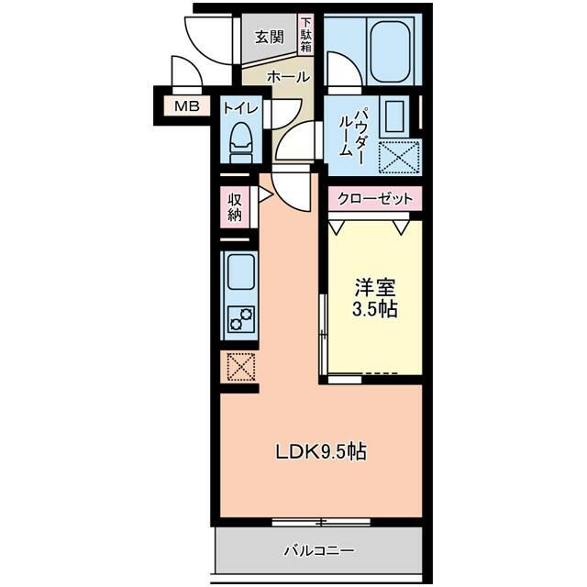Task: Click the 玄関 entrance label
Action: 269,38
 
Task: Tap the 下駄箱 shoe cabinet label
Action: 306,36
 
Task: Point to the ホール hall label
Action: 288,77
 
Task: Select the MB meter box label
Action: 187,106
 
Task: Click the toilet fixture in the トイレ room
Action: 240,143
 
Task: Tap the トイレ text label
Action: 240,108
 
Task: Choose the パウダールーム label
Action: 351,132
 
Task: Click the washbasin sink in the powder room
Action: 394,117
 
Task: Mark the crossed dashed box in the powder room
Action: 398,157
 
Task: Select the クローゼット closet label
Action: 375,198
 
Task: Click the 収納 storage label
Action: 235,207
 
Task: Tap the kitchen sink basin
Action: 240,272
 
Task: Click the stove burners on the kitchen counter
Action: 242,319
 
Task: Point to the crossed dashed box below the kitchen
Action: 241,368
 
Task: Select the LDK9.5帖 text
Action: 321,452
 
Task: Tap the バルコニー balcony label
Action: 318,550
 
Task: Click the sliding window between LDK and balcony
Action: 321,522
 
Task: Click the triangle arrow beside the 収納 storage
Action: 265,194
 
